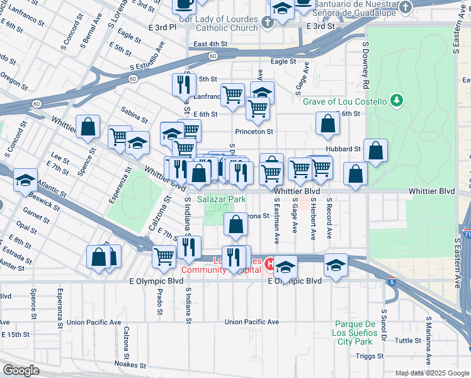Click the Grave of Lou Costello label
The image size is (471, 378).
[344, 101]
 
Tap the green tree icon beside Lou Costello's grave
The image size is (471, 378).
[396, 100]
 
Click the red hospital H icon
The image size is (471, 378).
[269, 263]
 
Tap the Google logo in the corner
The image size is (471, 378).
[21, 370]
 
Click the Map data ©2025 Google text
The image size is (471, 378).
[432, 372]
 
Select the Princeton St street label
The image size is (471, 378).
[254, 132]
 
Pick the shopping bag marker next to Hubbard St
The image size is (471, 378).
[375, 151]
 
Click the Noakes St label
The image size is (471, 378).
[130, 365]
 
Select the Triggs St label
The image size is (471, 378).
[369, 356]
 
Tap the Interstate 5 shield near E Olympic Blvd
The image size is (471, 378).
[392, 281]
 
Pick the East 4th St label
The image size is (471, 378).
[210, 43]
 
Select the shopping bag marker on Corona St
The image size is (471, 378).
[235, 225]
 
